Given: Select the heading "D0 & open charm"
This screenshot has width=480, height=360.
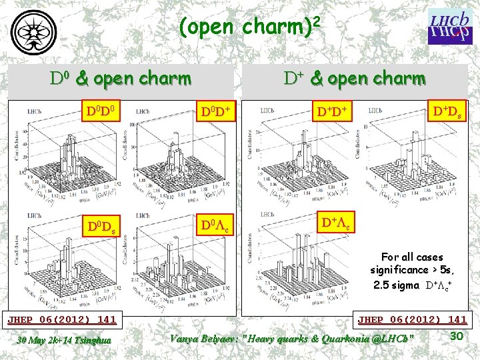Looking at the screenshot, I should point(121,79).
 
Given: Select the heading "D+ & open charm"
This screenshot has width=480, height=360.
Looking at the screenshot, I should point(354,79).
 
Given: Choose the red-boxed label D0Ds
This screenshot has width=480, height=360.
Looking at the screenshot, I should point(101,223).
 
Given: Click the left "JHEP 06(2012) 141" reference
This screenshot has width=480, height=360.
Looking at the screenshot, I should point(61,319).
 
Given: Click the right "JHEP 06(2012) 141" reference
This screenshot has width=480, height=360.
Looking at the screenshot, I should point(412,319).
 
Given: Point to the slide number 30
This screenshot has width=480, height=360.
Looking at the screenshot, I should point(456,335).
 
